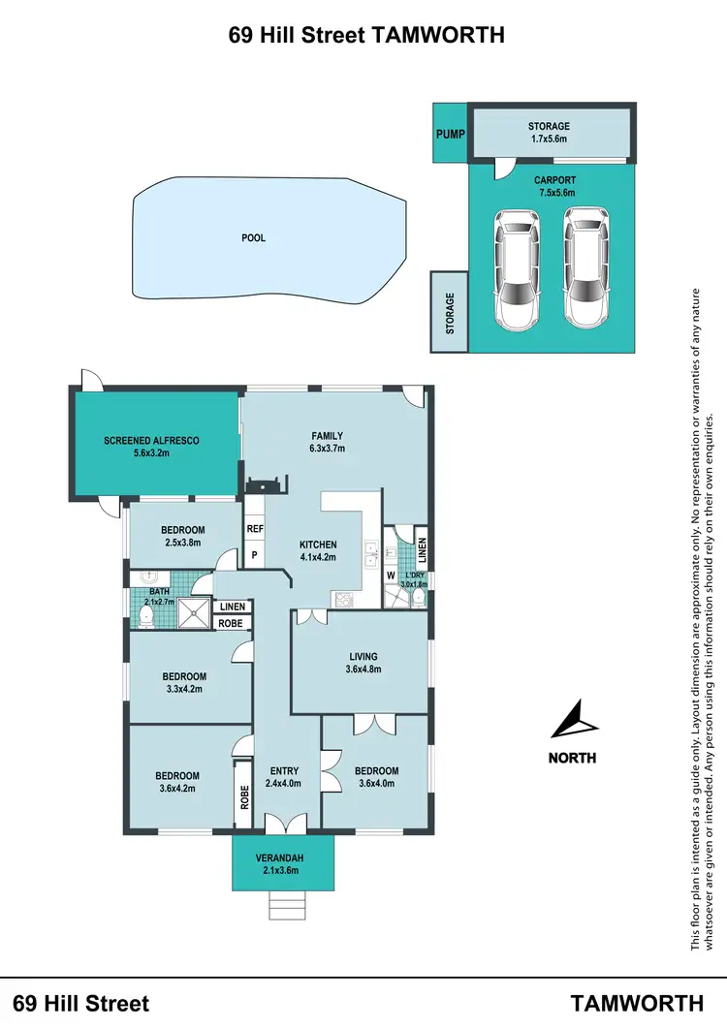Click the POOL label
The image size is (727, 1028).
click(x=254, y=237)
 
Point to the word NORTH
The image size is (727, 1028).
click(x=572, y=758)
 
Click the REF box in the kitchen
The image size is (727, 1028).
click(x=255, y=529)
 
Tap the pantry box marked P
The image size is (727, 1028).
click(x=255, y=555)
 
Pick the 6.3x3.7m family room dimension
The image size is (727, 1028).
click(x=327, y=449)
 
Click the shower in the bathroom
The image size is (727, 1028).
click(x=198, y=610)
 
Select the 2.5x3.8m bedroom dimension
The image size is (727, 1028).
click(x=182, y=543)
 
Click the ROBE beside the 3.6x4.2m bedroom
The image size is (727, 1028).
click(x=242, y=796)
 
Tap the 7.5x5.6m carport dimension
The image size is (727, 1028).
click(x=554, y=193)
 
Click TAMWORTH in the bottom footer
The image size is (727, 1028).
click(x=637, y=1002)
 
